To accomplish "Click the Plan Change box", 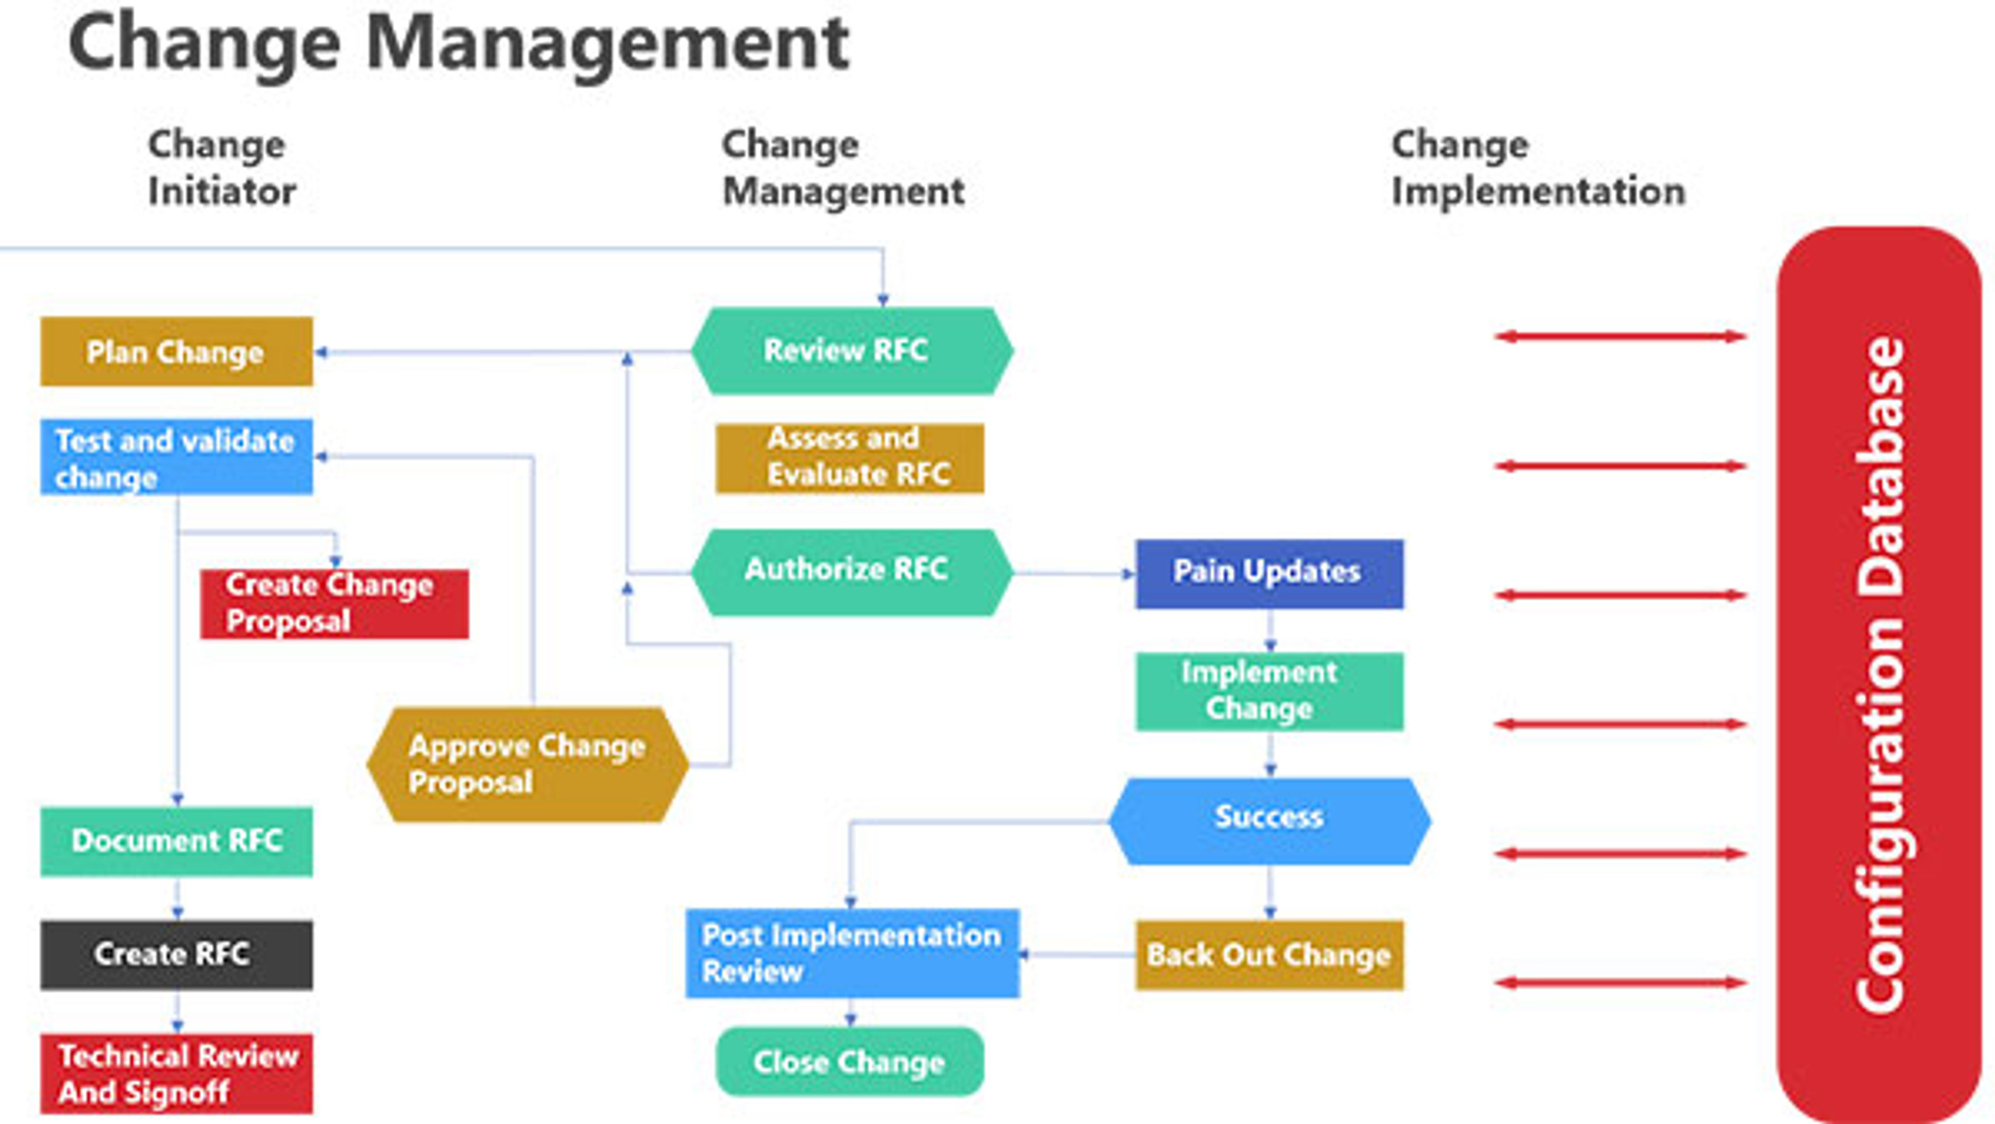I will click(x=176, y=352).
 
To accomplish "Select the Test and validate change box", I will click(x=176, y=458).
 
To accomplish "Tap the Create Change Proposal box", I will click(x=334, y=604).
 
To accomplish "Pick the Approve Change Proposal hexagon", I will click(x=528, y=765).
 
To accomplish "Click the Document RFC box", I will click(x=176, y=841).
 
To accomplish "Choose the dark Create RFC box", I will click(x=176, y=955).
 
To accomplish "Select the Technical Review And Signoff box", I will click(x=176, y=1074).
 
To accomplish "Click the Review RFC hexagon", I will click(x=852, y=351).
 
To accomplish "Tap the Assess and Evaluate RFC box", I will click(x=849, y=458).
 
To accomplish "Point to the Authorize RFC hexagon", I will click(x=852, y=571).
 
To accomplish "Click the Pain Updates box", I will click(x=1269, y=573).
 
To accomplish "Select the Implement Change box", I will click(x=1269, y=691).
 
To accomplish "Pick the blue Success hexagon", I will click(x=1269, y=820).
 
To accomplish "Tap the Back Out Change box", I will click(x=1269, y=955).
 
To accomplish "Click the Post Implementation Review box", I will click(x=852, y=953).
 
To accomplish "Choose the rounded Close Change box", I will click(x=849, y=1062).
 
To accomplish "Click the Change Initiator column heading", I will click(x=221, y=168).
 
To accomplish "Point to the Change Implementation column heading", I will click(x=1537, y=168).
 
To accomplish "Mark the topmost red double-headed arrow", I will click(x=1619, y=337).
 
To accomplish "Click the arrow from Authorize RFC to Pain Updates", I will click(x=1074, y=574).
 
